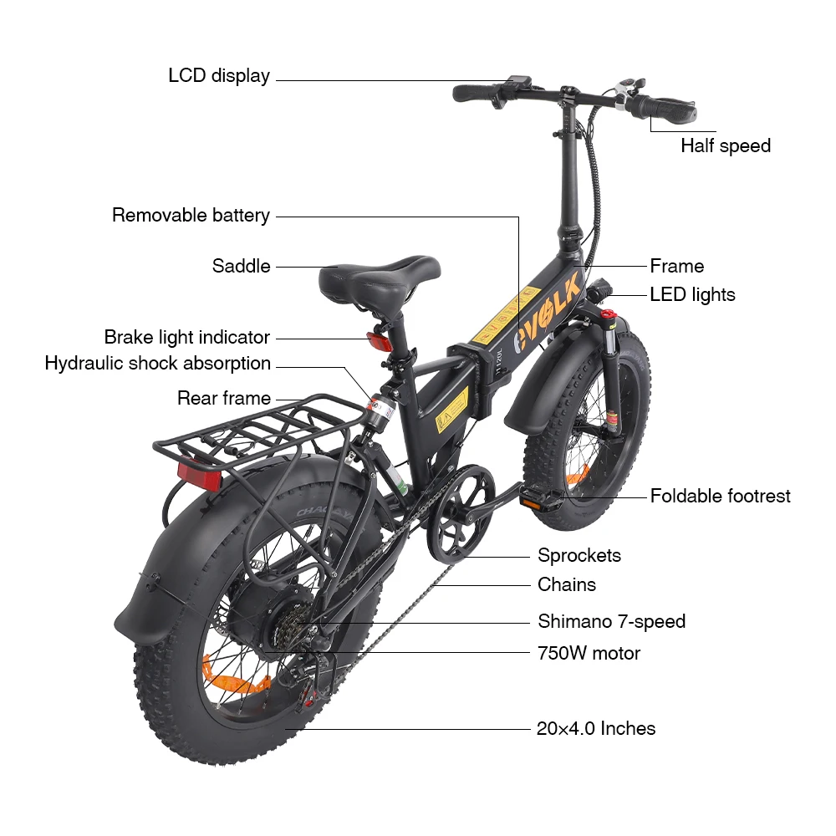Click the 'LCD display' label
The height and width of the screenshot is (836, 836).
219,76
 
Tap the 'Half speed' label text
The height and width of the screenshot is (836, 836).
725,146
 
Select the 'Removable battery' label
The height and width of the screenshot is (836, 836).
191,216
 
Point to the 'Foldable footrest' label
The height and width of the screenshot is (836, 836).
720,496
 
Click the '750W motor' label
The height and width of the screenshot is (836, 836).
589,653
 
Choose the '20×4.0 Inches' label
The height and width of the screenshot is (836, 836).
595,728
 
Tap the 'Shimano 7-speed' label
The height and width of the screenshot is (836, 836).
611,622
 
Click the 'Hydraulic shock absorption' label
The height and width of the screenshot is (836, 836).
158,364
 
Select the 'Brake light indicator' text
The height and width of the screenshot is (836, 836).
186,338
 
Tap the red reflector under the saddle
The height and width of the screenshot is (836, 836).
379,343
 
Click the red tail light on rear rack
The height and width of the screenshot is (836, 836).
200,476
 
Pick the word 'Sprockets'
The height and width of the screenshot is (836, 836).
579,556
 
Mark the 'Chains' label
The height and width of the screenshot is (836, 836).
566,585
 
